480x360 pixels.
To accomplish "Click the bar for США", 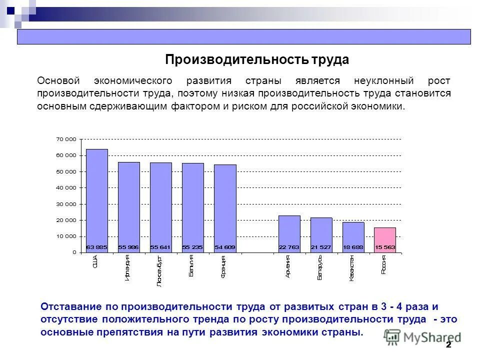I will (x=96, y=200).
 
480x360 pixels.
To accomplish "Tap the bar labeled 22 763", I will (x=289, y=233).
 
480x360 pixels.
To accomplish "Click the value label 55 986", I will (x=128, y=247).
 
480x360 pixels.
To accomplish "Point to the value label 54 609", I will (x=225, y=247).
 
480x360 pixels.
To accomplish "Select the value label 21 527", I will (x=321, y=247).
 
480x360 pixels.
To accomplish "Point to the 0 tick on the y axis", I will (x=74, y=252).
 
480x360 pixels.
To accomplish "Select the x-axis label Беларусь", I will (x=319, y=267).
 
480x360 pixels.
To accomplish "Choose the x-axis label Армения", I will (x=287, y=266).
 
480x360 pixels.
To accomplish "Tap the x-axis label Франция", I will (x=223, y=266).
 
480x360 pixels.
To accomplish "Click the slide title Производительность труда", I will (x=257, y=60).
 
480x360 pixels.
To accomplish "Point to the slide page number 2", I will (x=448, y=345).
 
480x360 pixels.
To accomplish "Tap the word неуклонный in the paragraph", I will (x=384, y=80).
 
